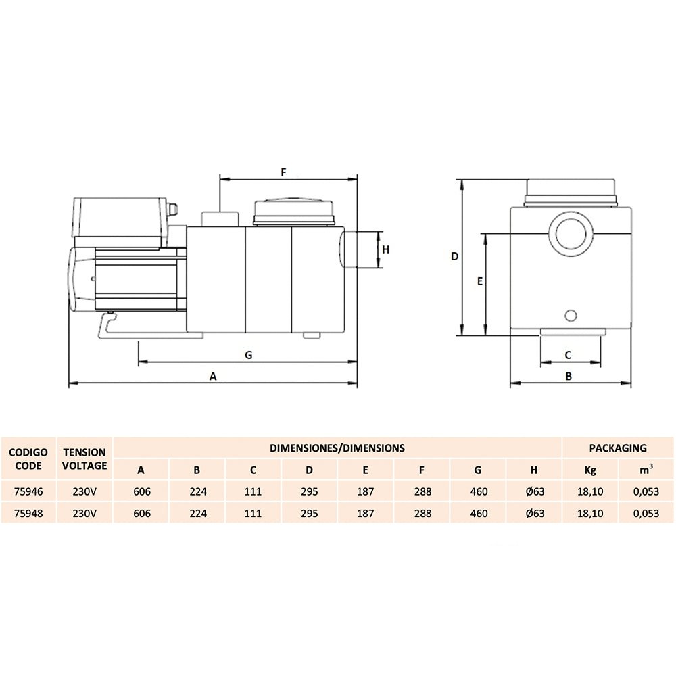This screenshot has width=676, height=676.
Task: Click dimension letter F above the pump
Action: click(283, 172)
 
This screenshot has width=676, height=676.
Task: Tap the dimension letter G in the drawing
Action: click(249, 355)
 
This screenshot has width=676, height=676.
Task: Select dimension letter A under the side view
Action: click(213, 377)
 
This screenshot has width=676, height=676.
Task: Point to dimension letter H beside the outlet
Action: click(386, 249)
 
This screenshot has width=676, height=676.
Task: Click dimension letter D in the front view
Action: click(454, 256)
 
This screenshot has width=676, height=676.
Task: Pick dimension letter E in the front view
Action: click(480, 281)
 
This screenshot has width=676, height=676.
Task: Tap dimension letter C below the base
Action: click(568, 355)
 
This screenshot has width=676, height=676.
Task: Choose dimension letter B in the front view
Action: click(569, 377)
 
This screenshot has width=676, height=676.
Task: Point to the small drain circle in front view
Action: click(571, 316)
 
